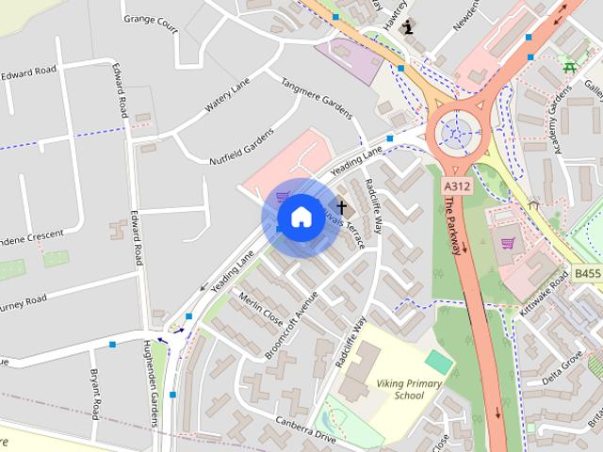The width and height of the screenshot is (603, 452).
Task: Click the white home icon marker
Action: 300,218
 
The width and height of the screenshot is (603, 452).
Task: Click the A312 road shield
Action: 457,187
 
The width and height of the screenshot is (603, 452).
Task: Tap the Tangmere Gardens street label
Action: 317,95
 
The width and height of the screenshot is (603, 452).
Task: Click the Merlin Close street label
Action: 260,306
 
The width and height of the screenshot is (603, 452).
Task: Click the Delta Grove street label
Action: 562,366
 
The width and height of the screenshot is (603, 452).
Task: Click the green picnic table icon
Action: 569,66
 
